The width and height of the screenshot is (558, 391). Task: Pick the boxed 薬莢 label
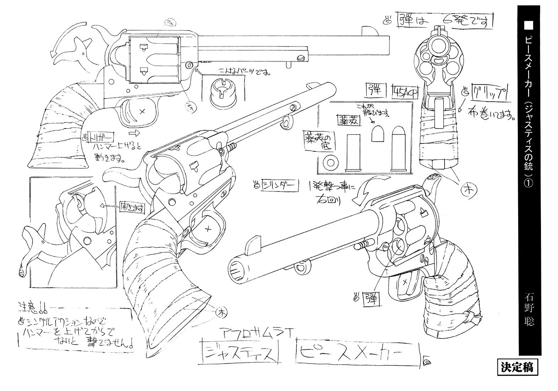[x=348, y=120]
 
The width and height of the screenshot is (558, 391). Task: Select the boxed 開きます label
[x=131, y=208]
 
